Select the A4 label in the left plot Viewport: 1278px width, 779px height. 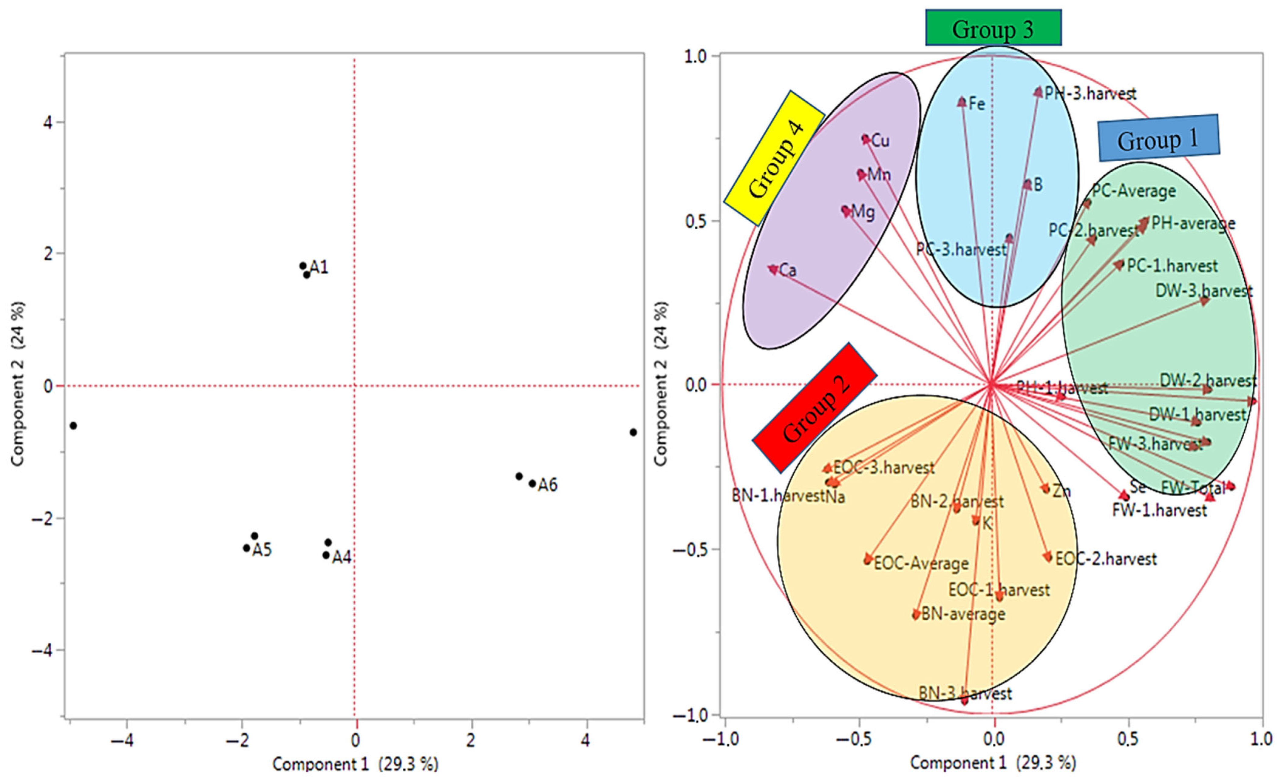tap(342, 557)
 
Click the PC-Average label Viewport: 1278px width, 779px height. tap(1134, 191)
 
